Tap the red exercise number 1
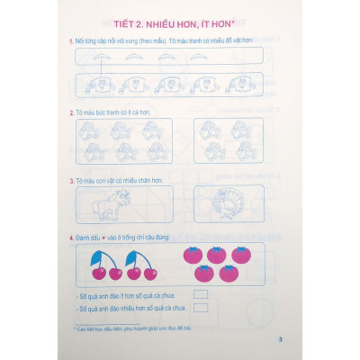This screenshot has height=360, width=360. (x=70, y=42)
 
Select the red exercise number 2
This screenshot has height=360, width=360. (x=70, y=112)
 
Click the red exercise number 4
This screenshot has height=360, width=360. (x=70, y=237)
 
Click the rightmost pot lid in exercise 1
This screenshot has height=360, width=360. (x=202, y=55)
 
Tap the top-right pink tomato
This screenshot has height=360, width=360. (x=239, y=256)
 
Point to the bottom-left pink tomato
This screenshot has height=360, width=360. (x=205, y=274)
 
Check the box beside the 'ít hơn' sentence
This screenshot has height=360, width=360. (x=200, y=294)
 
